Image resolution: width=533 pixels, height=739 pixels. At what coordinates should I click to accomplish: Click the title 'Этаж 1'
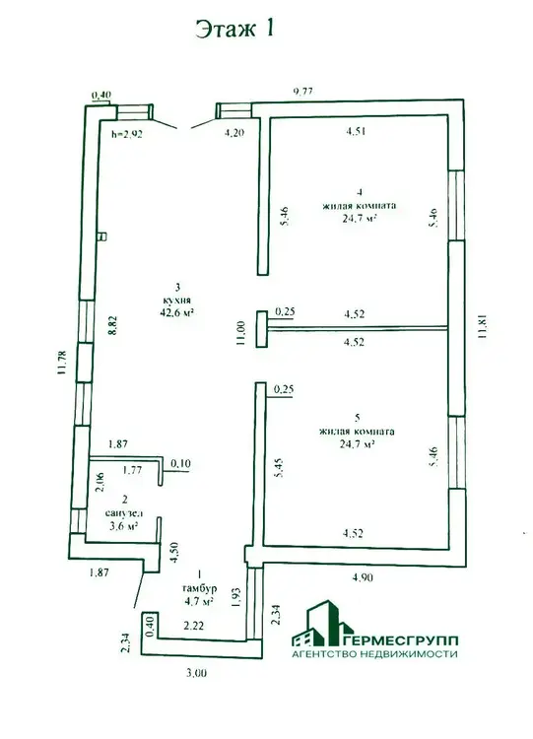234,29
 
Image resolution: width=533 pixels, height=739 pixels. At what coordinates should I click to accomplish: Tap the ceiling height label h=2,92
127,134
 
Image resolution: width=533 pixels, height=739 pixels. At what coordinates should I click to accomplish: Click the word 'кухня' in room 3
177,300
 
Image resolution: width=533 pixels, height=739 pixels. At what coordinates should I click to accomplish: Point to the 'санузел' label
124,513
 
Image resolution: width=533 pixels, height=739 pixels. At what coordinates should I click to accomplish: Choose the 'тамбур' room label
199,588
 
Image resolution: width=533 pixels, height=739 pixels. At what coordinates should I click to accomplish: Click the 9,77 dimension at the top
303,92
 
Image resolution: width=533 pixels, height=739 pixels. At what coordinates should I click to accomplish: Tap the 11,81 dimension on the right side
481,327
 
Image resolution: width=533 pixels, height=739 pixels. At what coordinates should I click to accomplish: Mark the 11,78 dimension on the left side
61,363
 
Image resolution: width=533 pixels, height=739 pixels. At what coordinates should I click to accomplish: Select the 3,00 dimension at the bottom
196,673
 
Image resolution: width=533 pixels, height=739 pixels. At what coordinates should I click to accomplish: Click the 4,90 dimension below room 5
362,576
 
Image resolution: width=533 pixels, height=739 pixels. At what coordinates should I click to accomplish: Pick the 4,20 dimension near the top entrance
233,133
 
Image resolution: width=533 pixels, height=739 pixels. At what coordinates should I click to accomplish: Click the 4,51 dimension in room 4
356,131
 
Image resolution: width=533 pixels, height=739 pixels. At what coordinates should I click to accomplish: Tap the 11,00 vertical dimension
240,333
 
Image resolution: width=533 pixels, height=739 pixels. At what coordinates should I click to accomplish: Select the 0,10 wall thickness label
180,464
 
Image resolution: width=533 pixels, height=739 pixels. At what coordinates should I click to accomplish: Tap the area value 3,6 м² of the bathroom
123,526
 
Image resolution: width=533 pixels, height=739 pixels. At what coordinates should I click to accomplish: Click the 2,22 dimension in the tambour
193,626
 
